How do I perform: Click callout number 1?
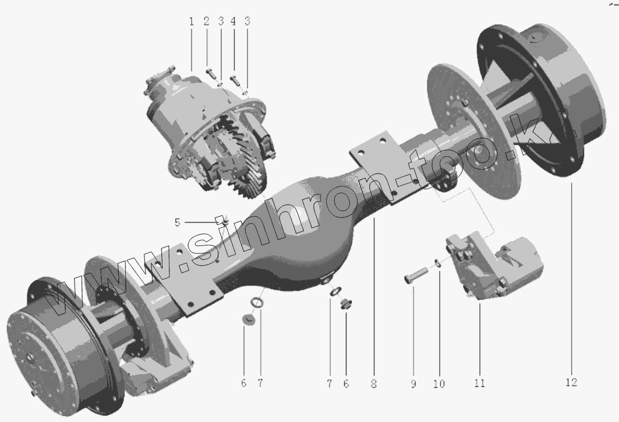pos(192,22)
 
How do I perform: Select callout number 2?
pos(207,22)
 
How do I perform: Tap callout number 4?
pos(234,22)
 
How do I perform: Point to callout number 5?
pos(177,223)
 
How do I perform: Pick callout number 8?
pos(374,384)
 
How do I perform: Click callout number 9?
pos(413,384)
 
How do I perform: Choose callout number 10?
pos(439,384)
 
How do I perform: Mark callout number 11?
pos(480,383)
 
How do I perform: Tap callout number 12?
pos(571,382)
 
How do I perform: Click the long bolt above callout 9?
pos(416,275)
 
